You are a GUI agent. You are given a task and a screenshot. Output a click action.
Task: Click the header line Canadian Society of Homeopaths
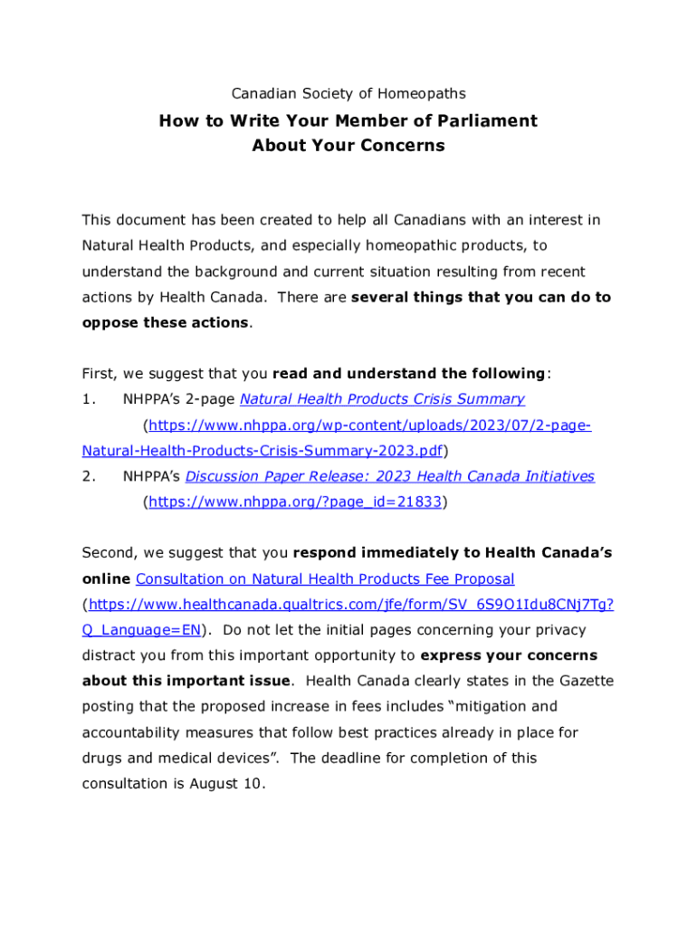point(348,93)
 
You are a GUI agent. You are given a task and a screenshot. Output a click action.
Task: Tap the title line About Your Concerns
point(348,146)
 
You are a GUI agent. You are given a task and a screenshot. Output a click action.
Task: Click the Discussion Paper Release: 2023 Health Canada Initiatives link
point(389,476)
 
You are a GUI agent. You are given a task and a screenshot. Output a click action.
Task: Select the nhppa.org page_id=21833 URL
point(295,502)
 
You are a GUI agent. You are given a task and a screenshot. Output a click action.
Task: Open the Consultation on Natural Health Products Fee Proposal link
point(325,578)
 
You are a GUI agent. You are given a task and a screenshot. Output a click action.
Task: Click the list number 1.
point(87,399)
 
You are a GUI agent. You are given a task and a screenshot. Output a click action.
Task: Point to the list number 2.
point(88,476)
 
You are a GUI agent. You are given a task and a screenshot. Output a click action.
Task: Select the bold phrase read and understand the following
point(409,374)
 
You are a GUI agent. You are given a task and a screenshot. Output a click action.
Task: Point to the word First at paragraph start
point(99,374)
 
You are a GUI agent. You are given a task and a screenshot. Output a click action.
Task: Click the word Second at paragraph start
point(109,552)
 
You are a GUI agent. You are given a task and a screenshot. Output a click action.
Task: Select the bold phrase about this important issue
point(186,681)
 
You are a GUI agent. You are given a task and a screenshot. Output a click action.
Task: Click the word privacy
point(558,630)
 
